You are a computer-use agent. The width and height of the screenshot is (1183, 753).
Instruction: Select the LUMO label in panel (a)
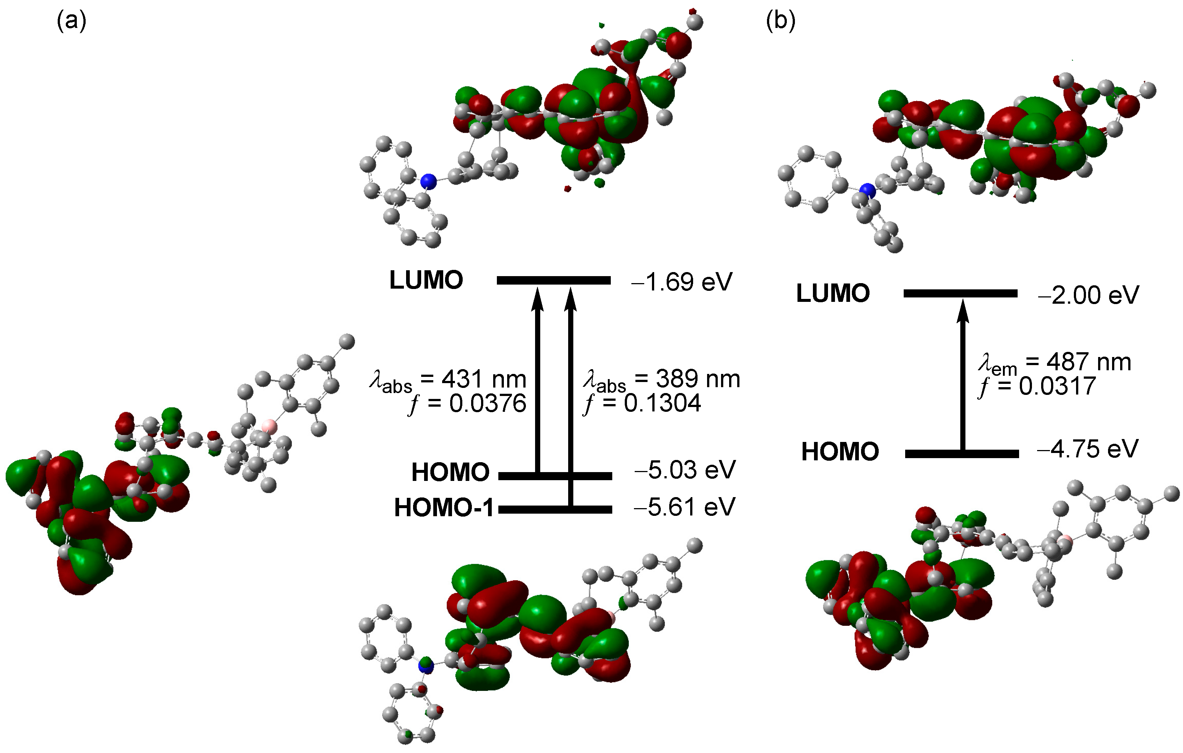[426, 281]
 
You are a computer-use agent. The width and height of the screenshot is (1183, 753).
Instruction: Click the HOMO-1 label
[444, 508]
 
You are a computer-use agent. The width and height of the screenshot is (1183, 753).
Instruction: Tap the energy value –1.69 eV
[681, 282]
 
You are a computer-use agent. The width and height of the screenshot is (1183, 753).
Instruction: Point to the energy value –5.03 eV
[685, 470]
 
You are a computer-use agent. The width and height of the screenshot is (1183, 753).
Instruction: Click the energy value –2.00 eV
[1088, 295]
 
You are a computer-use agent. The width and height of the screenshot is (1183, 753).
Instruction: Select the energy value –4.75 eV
[1087, 449]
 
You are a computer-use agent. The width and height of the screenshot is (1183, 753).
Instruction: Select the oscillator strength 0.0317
[1057, 386]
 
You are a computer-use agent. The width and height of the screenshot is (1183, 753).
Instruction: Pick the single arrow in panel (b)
[963, 374]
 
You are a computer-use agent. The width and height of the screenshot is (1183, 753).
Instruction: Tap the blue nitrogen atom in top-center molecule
[429, 181]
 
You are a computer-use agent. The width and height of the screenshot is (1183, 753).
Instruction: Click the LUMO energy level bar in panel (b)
[960, 293]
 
